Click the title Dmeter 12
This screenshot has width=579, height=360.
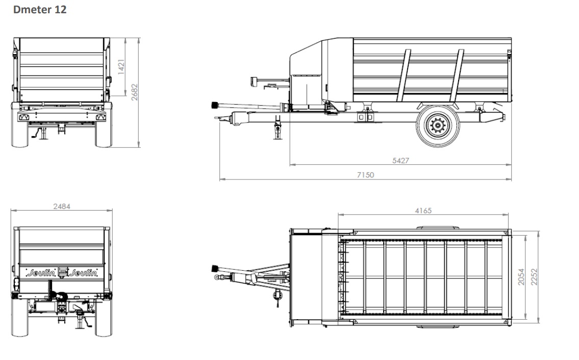click(x=40, y=10)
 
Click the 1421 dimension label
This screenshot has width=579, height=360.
click(x=121, y=67)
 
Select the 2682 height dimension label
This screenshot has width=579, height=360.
click(x=134, y=92)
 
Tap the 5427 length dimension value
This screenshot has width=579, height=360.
click(x=400, y=161)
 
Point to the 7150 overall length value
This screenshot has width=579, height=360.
click(x=365, y=175)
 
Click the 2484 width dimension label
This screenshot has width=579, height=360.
click(x=62, y=207)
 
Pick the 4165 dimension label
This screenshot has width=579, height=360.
click(x=423, y=211)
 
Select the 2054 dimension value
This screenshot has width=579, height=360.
click(x=521, y=276)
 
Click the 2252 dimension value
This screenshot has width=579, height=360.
click(x=534, y=276)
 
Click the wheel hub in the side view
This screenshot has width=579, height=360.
click(x=438, y=126)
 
